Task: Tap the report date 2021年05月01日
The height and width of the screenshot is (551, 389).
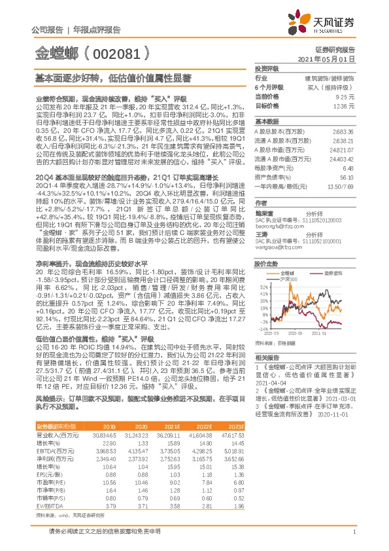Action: [331, 58]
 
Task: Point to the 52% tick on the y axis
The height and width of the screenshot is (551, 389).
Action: [263, 287]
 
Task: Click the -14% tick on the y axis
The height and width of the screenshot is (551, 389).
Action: [263, 329]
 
